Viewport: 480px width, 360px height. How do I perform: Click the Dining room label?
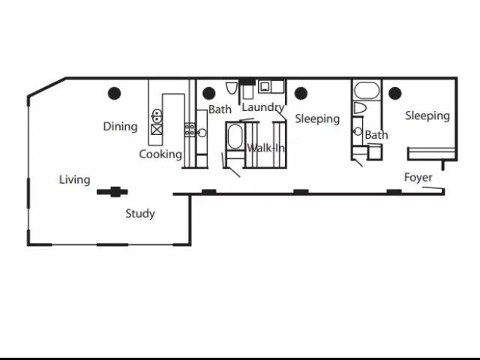[x=120, y=127]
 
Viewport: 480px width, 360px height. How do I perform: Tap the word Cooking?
[x=160, y=154]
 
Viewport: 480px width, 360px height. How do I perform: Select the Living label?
[x=75, y=180]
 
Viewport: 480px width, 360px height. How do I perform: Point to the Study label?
[x=140, y=213]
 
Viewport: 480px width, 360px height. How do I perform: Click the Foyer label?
[x=418, y=177]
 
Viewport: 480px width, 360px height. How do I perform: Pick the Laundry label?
[x=263, y=107]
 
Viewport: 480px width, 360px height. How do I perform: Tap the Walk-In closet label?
[x=265, y=148]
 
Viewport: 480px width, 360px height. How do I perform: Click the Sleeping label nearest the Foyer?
[x=427, y=115]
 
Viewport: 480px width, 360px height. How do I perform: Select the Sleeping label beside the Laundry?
[x=317, y=118]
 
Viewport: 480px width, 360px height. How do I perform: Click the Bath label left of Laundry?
[x=220, y=109]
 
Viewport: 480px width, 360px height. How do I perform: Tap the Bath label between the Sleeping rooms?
[x=376, y=135]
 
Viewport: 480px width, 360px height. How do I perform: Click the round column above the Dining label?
[x=114, y=93]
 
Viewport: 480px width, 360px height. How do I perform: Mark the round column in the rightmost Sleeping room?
[x=395, y=93]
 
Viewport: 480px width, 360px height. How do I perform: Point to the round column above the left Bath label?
[x=208, y=93]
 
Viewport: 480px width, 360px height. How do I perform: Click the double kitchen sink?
[x=157, y=116]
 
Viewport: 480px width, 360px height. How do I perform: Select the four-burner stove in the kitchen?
[x=190, y=130]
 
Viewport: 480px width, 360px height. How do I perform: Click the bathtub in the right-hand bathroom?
[x=367, y=90]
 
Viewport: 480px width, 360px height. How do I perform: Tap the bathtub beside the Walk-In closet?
[x=235, y=136]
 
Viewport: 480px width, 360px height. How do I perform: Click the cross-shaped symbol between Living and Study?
[x=112, y=192]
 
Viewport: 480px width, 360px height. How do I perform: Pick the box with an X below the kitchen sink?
[x=157, y=130]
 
